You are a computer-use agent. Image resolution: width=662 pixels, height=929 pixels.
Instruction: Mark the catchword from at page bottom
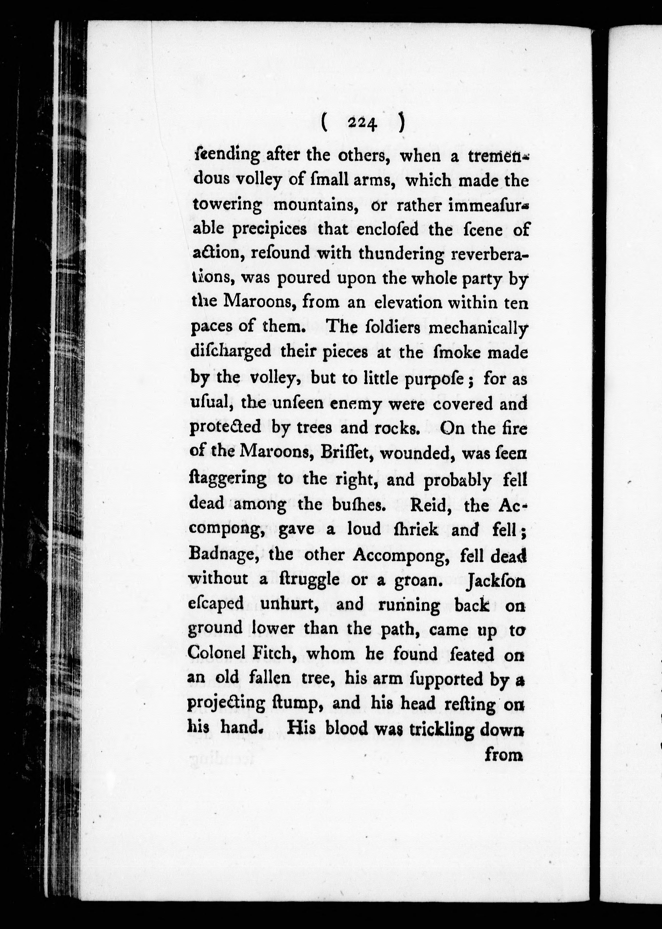point(504,755)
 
